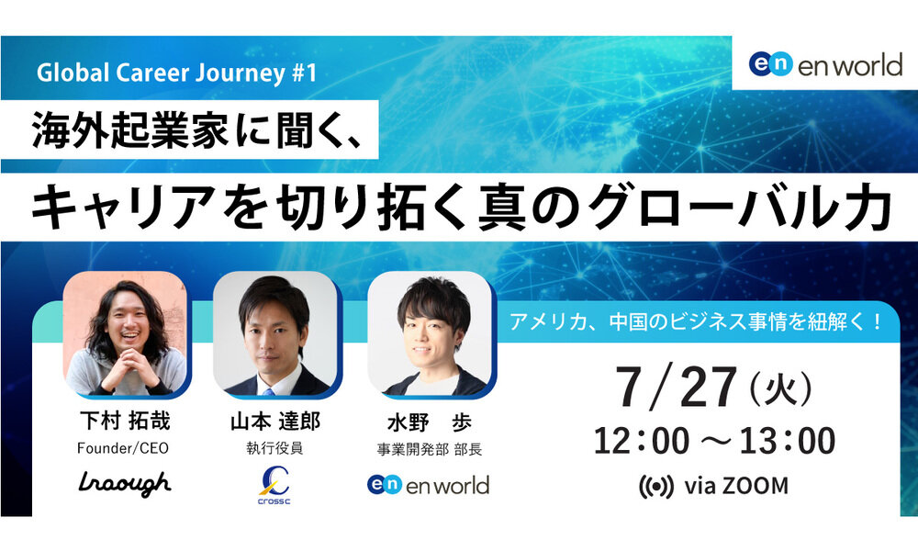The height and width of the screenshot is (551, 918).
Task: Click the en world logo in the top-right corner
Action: (825, 64)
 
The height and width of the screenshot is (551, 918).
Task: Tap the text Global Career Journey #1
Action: (177, 73)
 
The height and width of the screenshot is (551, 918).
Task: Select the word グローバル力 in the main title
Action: (740, 207)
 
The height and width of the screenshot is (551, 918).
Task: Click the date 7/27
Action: (677, 387)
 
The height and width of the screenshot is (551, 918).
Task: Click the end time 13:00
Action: (788, 441)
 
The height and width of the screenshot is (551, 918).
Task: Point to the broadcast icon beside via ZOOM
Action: (655, 487)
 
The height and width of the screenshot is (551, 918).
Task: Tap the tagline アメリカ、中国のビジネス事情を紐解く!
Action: (696, 321)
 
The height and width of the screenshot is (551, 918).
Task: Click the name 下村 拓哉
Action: (125, 421)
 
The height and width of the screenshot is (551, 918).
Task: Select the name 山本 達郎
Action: (275, 421)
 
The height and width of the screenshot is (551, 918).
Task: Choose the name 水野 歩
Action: (430, 422)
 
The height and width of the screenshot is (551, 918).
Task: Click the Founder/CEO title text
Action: (123, 448)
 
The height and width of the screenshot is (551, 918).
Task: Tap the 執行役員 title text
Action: (274, 448)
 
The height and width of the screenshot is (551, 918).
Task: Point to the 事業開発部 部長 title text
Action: (429, 450)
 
